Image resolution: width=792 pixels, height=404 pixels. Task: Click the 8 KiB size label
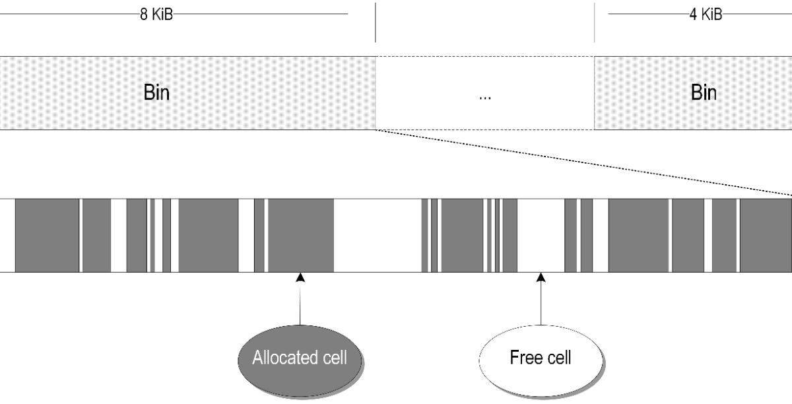point(156,15)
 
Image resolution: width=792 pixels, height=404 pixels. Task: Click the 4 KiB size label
point(705,15)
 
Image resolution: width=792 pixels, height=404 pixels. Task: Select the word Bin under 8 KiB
point(156,92)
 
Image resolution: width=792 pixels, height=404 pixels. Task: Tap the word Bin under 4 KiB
point(704,92)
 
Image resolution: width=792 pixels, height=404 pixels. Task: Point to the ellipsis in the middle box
point(484,97)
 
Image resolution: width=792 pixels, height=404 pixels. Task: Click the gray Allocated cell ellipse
point(300,358)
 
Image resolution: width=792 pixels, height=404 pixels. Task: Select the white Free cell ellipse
point(541,358)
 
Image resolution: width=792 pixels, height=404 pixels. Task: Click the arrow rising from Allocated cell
point(300,304)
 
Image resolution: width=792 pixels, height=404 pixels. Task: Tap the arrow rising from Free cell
point(541,304)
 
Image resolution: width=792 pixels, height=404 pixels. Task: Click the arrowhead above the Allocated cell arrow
point(300,277)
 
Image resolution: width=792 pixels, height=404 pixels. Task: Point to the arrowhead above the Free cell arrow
point(541,277)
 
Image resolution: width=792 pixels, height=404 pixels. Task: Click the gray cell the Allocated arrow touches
point(300,236)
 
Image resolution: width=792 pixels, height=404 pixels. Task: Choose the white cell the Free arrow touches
point(541,236)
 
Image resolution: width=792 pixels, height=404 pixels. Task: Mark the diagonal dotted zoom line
point(581,162)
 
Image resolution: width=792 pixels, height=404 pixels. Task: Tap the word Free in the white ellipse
point(525,358)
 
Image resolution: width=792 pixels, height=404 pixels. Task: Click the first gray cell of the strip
point(47,236)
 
